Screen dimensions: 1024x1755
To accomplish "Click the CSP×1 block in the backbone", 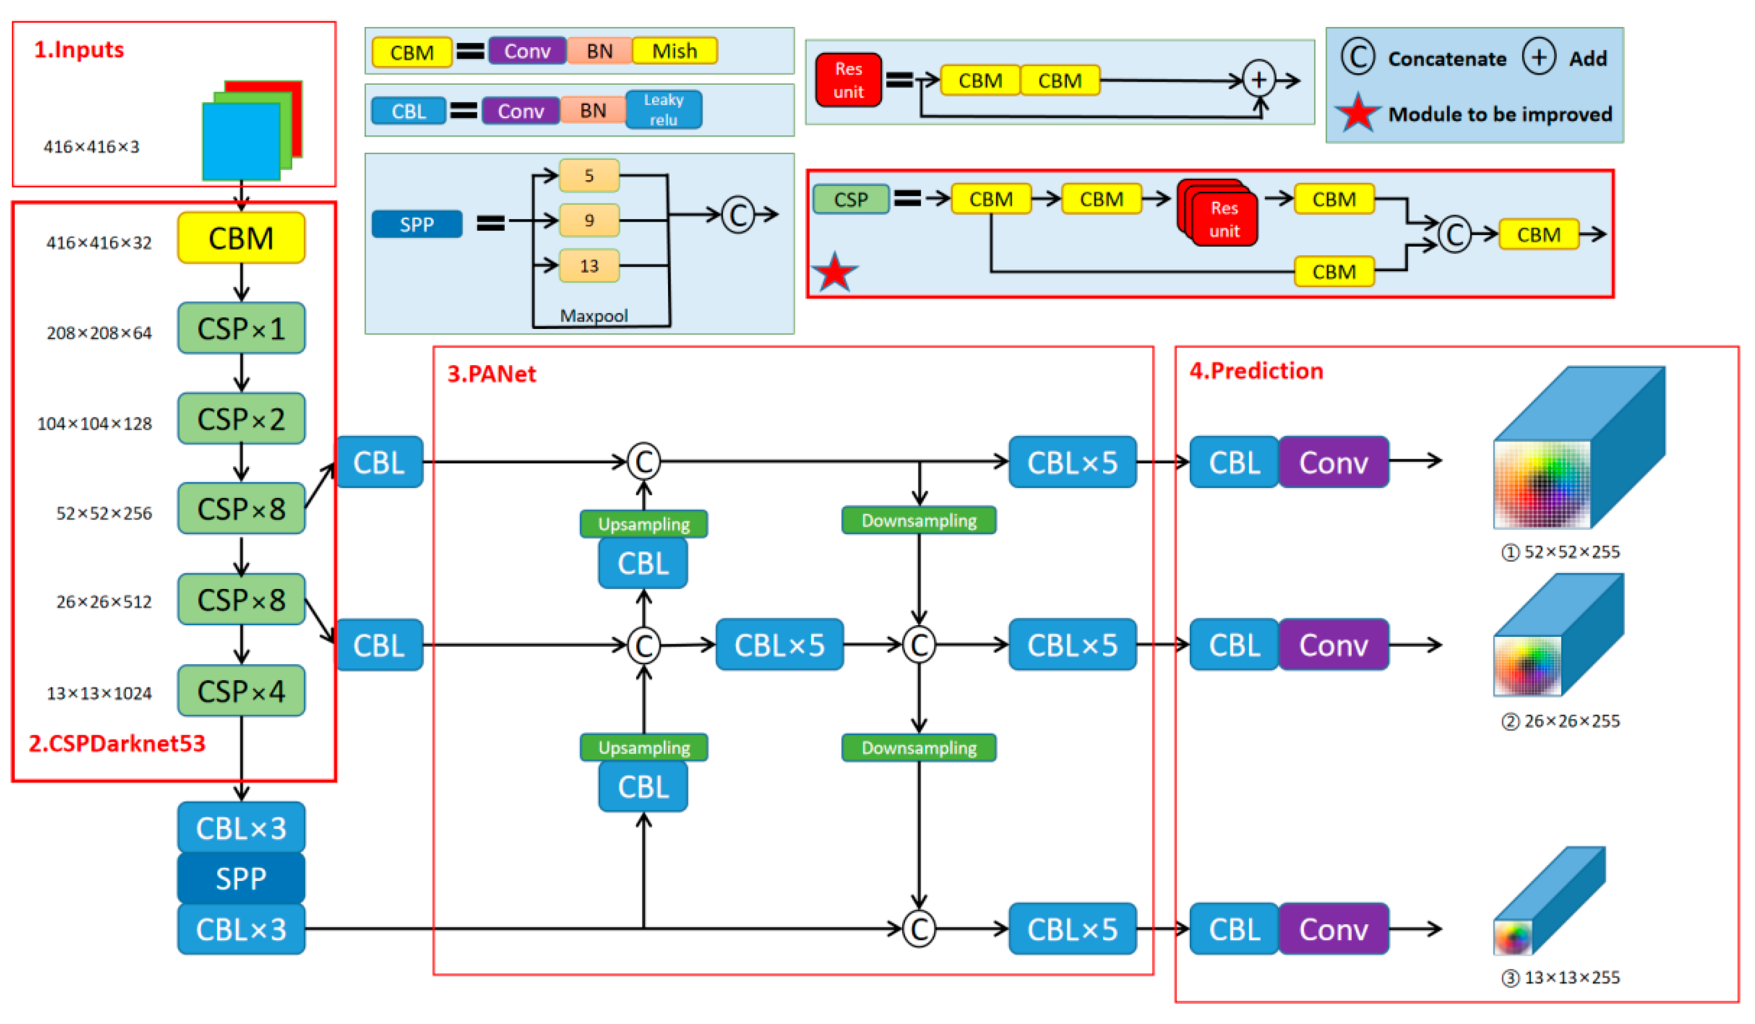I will pos(241,328).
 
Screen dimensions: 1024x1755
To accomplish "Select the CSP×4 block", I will pos(241,691).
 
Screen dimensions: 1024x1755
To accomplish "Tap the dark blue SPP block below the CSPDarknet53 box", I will pos(241,878).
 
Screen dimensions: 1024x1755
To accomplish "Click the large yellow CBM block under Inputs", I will pos(241,238).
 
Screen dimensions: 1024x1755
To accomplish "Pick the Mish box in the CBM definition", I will pos(674,51).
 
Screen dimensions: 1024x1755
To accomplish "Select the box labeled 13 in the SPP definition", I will pos(589,265).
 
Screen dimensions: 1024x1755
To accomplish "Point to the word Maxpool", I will pos(593,316).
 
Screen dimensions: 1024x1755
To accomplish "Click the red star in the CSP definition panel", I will pos(834,272).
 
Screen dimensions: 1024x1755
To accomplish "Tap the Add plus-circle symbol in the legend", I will pos(1538,57).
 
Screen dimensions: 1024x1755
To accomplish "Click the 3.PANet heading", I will pos(492,374).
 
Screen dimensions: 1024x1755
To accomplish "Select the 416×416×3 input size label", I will pos(91,147).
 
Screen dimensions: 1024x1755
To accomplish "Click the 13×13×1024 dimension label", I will pos(99,694).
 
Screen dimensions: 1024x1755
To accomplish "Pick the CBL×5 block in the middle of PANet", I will pos(779,645).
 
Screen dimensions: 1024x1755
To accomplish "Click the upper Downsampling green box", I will pos(919,520).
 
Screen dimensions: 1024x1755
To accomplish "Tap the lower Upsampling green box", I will pos(644,748).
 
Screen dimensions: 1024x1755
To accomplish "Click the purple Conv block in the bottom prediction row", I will pos(1333,929).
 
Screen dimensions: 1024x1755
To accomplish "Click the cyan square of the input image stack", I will pos(241,141).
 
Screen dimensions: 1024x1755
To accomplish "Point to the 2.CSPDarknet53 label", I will pos(117,743).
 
